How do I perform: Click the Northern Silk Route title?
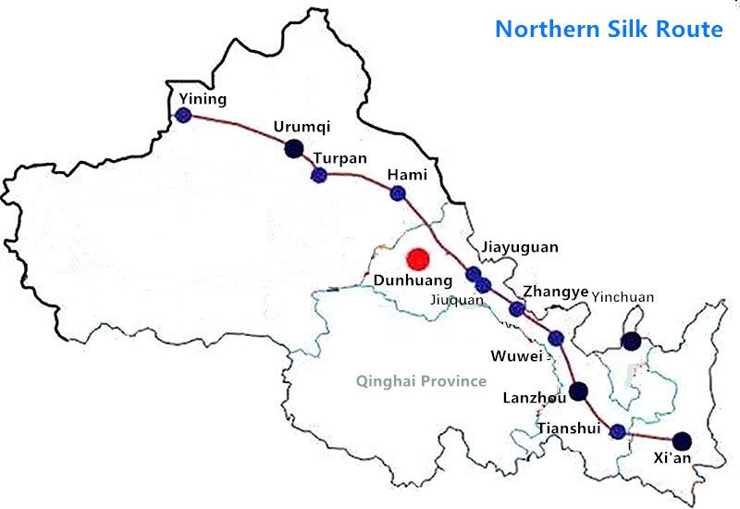tap(609, 29)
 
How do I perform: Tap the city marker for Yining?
tap(183, 116)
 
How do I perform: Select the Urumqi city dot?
tap(293, 148)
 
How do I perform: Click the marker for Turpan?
tap(319, 175)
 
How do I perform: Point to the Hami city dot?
tap(398, 192)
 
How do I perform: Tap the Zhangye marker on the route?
tap(517, 309)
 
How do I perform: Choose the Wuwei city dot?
tap(555, 338)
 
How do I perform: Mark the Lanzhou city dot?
tap(579, 391)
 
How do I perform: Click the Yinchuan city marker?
tap(631, 341)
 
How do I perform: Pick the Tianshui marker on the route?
tap(618, 429)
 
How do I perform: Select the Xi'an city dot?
tap(682, 441)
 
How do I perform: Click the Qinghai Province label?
tap(422, 380)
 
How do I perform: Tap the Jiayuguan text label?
tap(520, 247)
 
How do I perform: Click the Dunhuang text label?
tap(412, 280)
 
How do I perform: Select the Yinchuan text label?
tap(623, 297)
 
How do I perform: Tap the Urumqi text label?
tap(302, 127)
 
